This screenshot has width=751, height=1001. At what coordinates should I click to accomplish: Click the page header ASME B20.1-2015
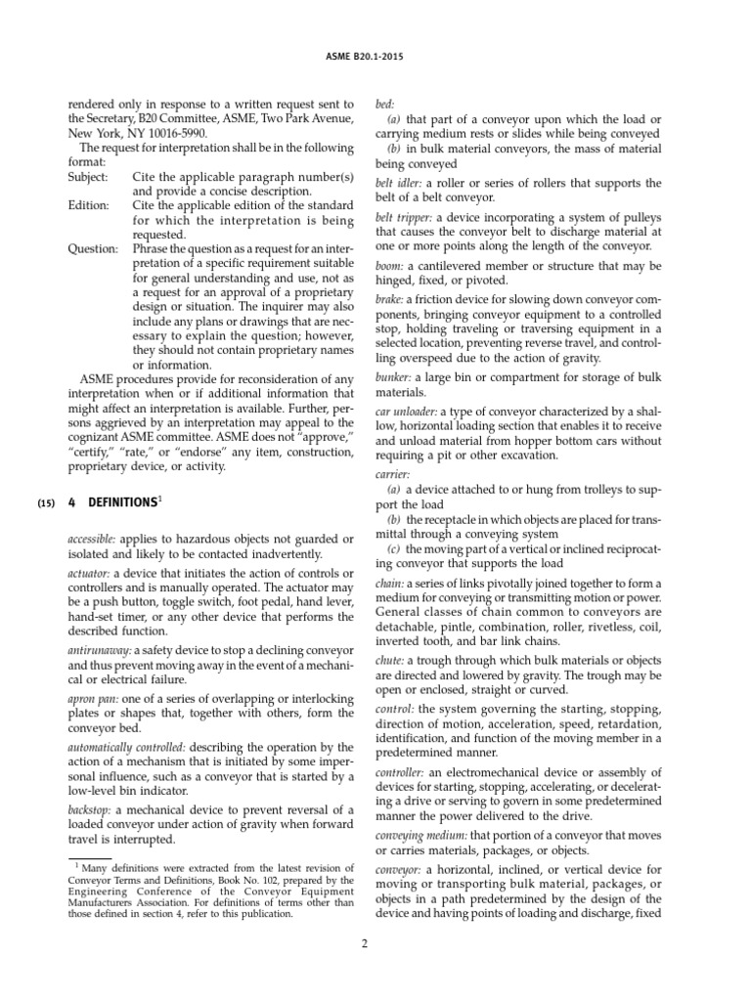pos(375,56)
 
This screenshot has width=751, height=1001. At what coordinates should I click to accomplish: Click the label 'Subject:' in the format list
pos(90,176)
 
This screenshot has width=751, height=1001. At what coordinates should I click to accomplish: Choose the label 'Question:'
pos(92,248)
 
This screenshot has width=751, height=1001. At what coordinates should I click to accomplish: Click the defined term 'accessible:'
pos(95,540)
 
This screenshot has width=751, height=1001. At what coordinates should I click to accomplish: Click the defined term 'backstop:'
pos(92,810)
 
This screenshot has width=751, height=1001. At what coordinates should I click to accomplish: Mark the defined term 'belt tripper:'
pos(405,217)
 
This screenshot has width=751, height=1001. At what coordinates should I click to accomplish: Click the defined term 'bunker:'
pos(398,376)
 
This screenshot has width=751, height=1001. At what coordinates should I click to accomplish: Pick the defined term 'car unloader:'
pos(409,413)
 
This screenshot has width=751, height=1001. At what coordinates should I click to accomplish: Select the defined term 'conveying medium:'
pos(421,835)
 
